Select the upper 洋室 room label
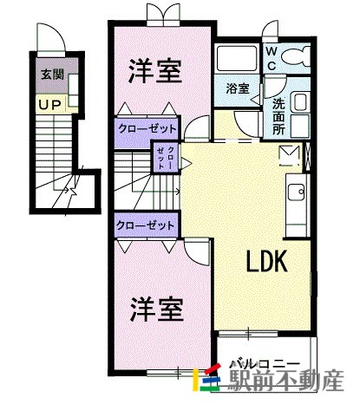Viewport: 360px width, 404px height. [156, 71]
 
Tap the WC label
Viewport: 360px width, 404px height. [272, 59]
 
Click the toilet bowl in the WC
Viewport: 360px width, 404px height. [296, 58]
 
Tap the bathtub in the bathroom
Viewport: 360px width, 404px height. [237, 59]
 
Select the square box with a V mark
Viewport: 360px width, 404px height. [290, 156]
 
